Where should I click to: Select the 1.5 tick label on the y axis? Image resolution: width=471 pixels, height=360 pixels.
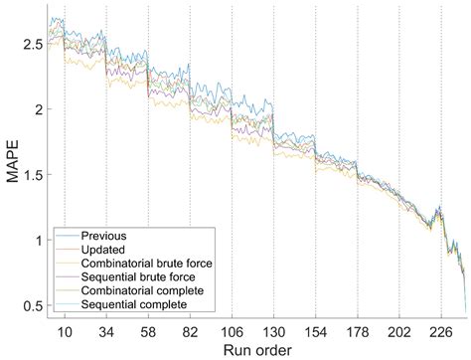point(31,175)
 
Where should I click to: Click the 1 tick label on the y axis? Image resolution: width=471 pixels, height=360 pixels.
point(37,240)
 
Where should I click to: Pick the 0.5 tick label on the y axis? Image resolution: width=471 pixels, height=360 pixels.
point(31,304)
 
